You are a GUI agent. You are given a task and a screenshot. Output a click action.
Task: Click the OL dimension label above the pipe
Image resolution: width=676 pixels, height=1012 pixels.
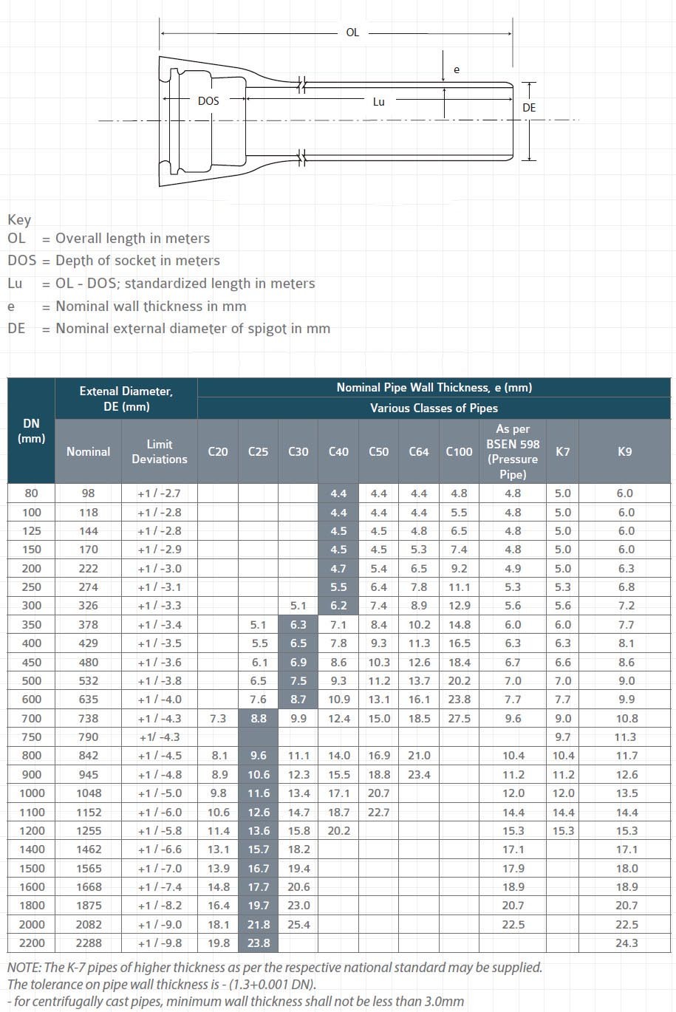[352, 33]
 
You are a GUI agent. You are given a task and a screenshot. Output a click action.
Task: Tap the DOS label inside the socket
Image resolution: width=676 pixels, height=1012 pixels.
[208, 100]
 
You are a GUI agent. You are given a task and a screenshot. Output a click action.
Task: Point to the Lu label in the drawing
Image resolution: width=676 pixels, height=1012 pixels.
[378, 101]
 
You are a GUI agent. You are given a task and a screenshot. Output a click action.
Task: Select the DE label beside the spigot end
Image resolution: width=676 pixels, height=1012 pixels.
[529, 108]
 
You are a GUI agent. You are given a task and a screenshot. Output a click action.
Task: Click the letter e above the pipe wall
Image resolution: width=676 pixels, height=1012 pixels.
[457, 69]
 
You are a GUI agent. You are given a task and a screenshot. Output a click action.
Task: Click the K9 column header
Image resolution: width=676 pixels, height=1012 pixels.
[624, 451]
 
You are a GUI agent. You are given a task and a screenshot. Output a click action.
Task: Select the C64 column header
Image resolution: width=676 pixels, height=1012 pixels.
[419, 451]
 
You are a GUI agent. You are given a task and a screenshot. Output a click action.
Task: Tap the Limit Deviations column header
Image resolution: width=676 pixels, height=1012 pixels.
[160, 451]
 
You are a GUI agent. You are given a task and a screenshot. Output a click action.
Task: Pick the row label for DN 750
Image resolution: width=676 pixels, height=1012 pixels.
[31, 736]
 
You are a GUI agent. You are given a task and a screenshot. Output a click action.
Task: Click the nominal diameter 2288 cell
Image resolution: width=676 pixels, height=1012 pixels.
[88, 943]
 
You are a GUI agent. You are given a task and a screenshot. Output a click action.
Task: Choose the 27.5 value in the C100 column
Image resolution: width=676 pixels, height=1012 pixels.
[459, 718]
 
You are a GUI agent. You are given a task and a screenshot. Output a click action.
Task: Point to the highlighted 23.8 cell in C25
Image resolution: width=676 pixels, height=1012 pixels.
[258, 943]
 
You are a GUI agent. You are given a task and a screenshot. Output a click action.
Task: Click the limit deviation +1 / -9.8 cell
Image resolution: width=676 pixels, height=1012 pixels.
[160, 943]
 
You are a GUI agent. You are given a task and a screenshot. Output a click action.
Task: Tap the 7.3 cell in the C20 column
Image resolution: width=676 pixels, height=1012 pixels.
[218, 718]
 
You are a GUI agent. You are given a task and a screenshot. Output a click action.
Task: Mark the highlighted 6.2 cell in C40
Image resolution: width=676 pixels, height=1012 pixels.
[338, 605]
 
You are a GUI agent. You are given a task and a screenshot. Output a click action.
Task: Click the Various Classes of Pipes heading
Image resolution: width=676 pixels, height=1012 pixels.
[434, 408]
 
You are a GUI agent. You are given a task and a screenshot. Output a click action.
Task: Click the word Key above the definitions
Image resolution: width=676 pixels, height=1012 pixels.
[19, 219]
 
